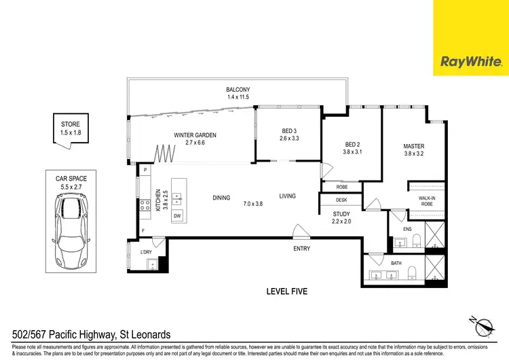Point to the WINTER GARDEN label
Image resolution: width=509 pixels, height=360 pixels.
195,139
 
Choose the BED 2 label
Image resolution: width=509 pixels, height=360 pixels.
351,148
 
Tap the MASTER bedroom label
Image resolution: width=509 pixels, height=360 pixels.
413,149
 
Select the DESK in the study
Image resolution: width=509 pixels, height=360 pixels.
341,200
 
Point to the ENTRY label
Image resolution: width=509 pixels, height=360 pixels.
302,249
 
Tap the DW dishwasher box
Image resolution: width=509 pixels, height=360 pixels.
177,216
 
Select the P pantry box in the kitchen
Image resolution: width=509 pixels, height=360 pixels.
145,170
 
